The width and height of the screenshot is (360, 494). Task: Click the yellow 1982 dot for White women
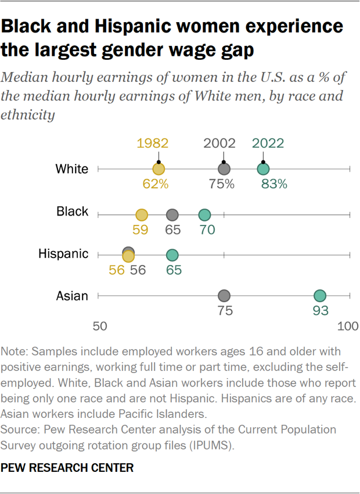[x=159, y=169]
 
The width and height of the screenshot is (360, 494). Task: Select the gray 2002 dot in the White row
[x=224, y=169]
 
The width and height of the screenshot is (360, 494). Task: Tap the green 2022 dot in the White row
[x=264, y=169]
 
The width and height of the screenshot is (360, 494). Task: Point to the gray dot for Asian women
[x=224, y=296]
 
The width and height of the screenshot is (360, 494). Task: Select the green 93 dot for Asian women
[x=320, y=296]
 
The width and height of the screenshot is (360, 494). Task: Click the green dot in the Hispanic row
[x=172, y=255]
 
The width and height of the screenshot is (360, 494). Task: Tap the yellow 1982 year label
[x=153, y=144]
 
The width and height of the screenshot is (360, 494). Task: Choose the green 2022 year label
[x=268, y=144]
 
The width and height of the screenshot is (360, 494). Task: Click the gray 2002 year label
[x=219, y=144]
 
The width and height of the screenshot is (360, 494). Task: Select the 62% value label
[x=155, y=184]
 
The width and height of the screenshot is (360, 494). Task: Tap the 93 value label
[x=321, y=310]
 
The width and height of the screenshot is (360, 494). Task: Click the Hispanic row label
[x=63, y=254]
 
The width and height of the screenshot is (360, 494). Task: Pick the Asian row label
[x=72, y=296]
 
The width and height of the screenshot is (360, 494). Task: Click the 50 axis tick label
[x=99, y=327]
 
